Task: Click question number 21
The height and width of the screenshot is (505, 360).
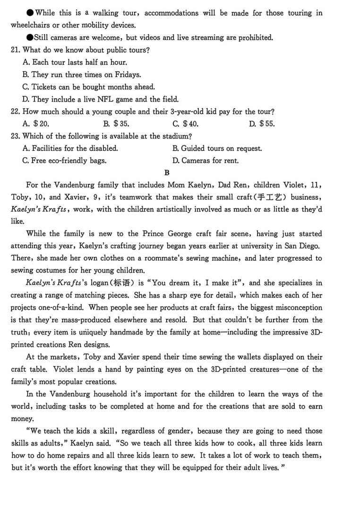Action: [16, 50]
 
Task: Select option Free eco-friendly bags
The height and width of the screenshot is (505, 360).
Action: [64, 161]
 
